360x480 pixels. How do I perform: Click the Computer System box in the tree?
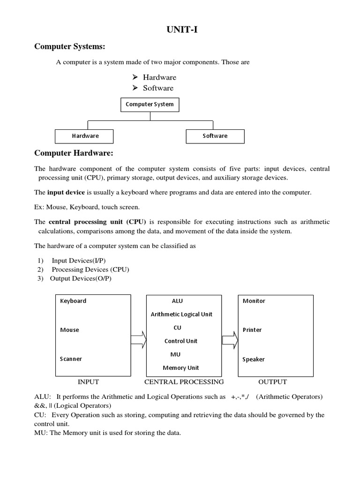pyautogui.click(x=150, y=104)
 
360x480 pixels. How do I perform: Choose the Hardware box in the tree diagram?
pyautogui.click(x=85, y=136)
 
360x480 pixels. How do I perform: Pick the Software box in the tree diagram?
pyautogui.click(x=215, y=136)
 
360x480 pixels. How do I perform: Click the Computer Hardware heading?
pyautogui.click(x=74, y=154)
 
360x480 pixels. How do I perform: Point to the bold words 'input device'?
pyautogui.click(x=66, y=193)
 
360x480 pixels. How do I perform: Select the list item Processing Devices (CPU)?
pyautogui.click(x=90, y=270)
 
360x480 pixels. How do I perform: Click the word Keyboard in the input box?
pyautogui.click(x=73, y=301)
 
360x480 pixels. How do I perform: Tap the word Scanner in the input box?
pyautogui.click(x=71, y=359)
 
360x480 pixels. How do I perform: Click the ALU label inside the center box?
pyautogui.click(x=178, y=301)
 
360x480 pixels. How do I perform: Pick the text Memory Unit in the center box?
pyautogui.click(x=181, y=368)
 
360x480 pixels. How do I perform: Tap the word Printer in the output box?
pyautogui.click(x=252, y=330)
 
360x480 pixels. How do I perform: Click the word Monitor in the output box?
pyautogui.click(x=254, y=301)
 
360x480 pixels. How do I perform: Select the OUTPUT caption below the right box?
pyautogui.click(x=272, y=382)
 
